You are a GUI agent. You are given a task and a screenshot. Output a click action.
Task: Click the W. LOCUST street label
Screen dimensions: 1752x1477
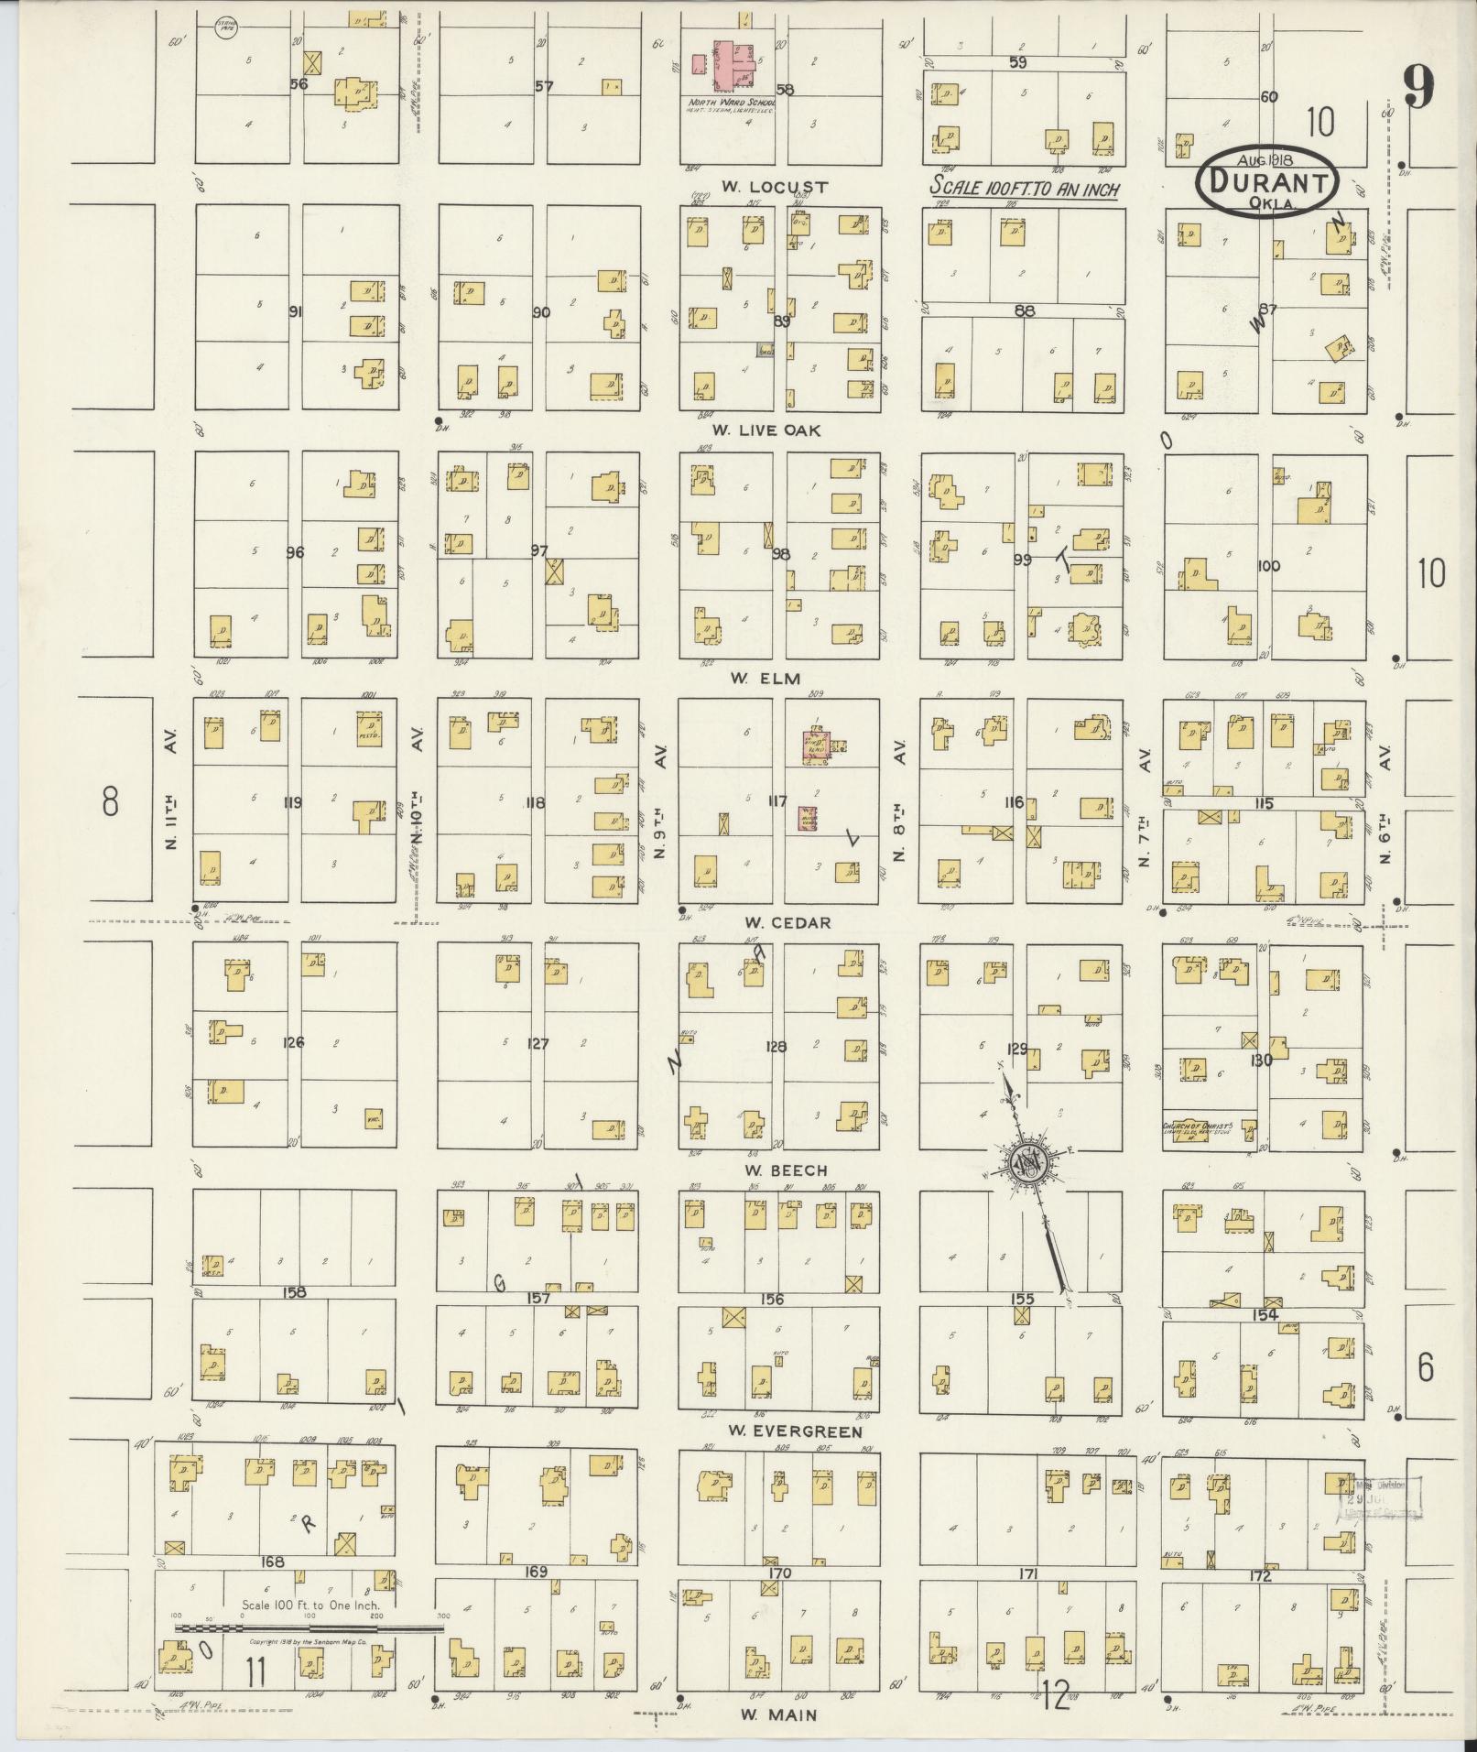pyautogui.click(x=774, y=187)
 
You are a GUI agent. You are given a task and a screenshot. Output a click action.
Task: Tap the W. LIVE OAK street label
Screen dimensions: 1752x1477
pyautogui.click(x=767, y=430)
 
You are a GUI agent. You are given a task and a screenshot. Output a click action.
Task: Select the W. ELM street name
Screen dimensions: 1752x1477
pyautogui.click(x=766, y=679)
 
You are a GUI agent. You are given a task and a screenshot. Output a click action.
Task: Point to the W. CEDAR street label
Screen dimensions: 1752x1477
pyautogui.click(x=775, y=922)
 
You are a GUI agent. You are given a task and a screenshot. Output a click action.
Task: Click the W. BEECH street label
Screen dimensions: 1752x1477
pyautogui.click(x=774, y=1170)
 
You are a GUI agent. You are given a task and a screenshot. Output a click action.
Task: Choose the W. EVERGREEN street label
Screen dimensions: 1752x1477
pyautogui.click(x=795, y=1431)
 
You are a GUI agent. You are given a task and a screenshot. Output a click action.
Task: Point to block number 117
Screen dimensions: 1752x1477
pyautogui.click(x=777, y=801)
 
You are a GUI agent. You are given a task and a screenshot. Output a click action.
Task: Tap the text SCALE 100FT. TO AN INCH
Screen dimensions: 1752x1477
pyautogui.click(x=1025, y=185)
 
